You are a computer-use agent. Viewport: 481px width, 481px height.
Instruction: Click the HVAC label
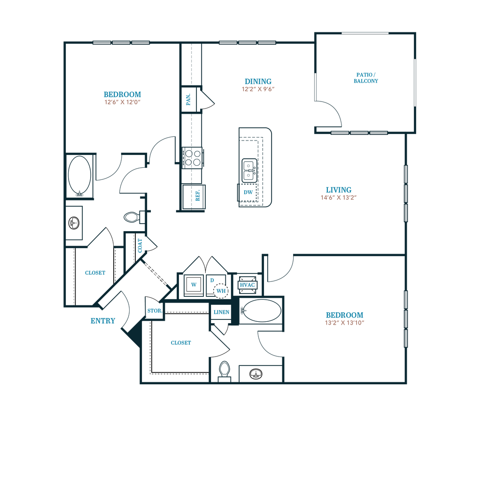[x=247, y=285]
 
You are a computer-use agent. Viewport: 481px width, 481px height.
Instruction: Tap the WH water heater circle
[x=221, y=291]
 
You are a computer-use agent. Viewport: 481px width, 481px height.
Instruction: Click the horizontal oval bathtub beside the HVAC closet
[x=259, y=311]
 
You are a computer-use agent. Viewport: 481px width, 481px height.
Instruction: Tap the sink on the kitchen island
[x=248, y=169]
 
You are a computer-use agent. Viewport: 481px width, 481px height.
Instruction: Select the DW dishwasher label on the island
[x=248, y=192]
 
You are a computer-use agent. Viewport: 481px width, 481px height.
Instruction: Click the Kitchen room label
[x=257, y=81]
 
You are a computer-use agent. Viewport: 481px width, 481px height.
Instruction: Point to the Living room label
[x=339, y=190]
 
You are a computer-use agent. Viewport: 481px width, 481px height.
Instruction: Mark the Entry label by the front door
[x=103, y=321]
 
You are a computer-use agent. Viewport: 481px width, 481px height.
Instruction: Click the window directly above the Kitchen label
[x=247, y=43]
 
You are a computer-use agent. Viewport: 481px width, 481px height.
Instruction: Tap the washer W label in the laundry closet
[x=193, y=285]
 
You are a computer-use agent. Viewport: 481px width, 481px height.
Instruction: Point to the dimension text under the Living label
[x=339, y=198]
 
